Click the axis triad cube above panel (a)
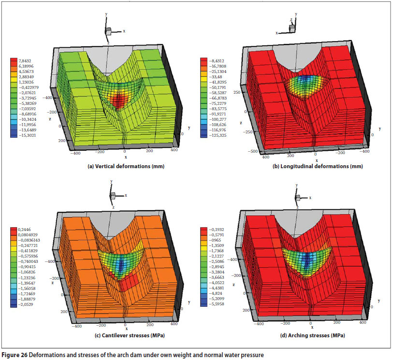(x=109, y=30)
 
